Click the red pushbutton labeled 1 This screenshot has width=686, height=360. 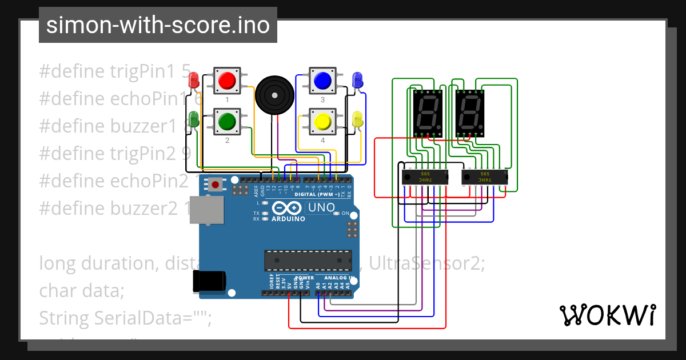(227, 81)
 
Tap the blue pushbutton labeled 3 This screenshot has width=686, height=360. (322, 81)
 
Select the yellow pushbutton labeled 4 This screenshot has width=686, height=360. (322, 122)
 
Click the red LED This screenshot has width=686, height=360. (194, 79)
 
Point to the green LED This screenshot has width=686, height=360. (194, 119)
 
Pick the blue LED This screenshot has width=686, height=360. (358, 80)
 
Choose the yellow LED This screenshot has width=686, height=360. (358, 119)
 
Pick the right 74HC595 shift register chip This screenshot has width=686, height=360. (484, 177)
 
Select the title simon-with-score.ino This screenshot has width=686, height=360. (158, 25)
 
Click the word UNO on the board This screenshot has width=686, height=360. (322, 208)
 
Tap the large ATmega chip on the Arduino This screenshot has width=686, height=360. (308, 260)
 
